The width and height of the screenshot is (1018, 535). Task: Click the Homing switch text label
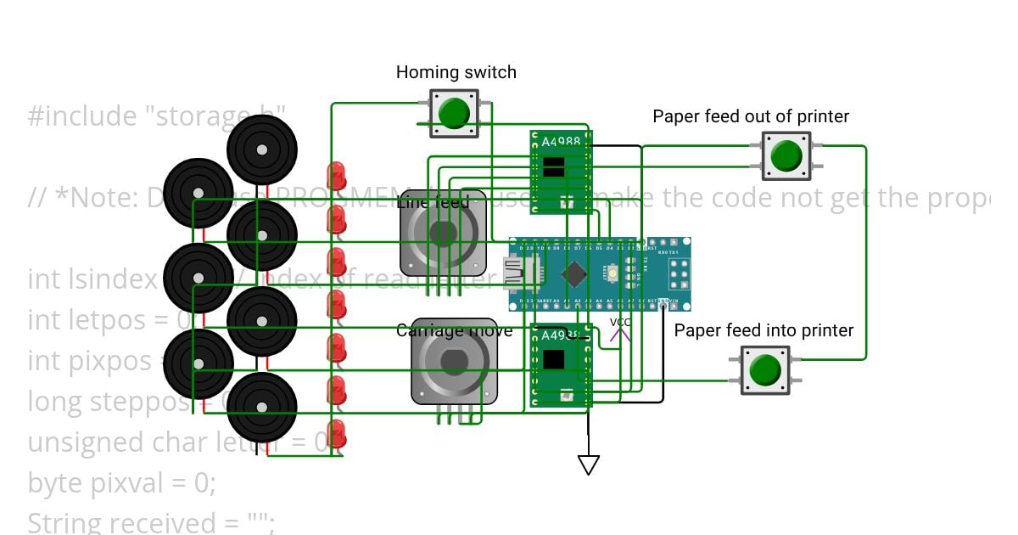(x=456, y=73)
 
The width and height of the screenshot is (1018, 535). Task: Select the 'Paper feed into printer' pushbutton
(x=765, y=370)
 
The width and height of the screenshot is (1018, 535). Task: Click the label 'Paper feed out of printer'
(x=750, y=116)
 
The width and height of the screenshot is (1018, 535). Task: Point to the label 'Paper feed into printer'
(x=763, y=330)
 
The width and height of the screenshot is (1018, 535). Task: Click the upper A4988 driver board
(x=560, y=170)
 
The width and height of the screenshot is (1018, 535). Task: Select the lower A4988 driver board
(x=560, y=365)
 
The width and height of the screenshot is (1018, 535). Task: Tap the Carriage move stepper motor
(x=454, y=362)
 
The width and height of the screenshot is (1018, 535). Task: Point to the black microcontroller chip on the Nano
(x=575, y=273)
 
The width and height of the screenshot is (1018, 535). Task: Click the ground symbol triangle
(x=589, y=465)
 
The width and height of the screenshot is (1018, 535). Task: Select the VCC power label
(x=620, y=323)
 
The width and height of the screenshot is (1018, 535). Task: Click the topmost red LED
(x=338, y=175)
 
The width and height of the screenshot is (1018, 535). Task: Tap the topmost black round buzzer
(x=262, y=149)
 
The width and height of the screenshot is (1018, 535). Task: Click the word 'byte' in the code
(x=53, y=483)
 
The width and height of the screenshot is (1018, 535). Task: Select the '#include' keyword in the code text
(x=77, y=116)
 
